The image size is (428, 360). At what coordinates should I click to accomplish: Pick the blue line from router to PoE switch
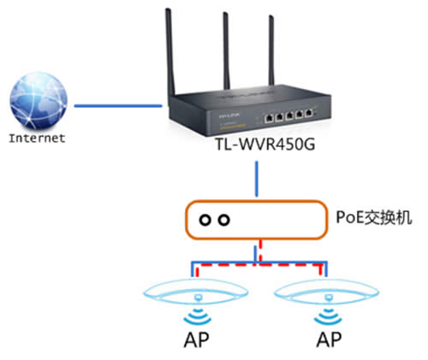click(x=257, y=184)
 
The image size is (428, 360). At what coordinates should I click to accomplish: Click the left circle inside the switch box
click(x=206, y=220)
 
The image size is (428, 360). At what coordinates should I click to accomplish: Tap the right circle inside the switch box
click(x=224, y=220)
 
